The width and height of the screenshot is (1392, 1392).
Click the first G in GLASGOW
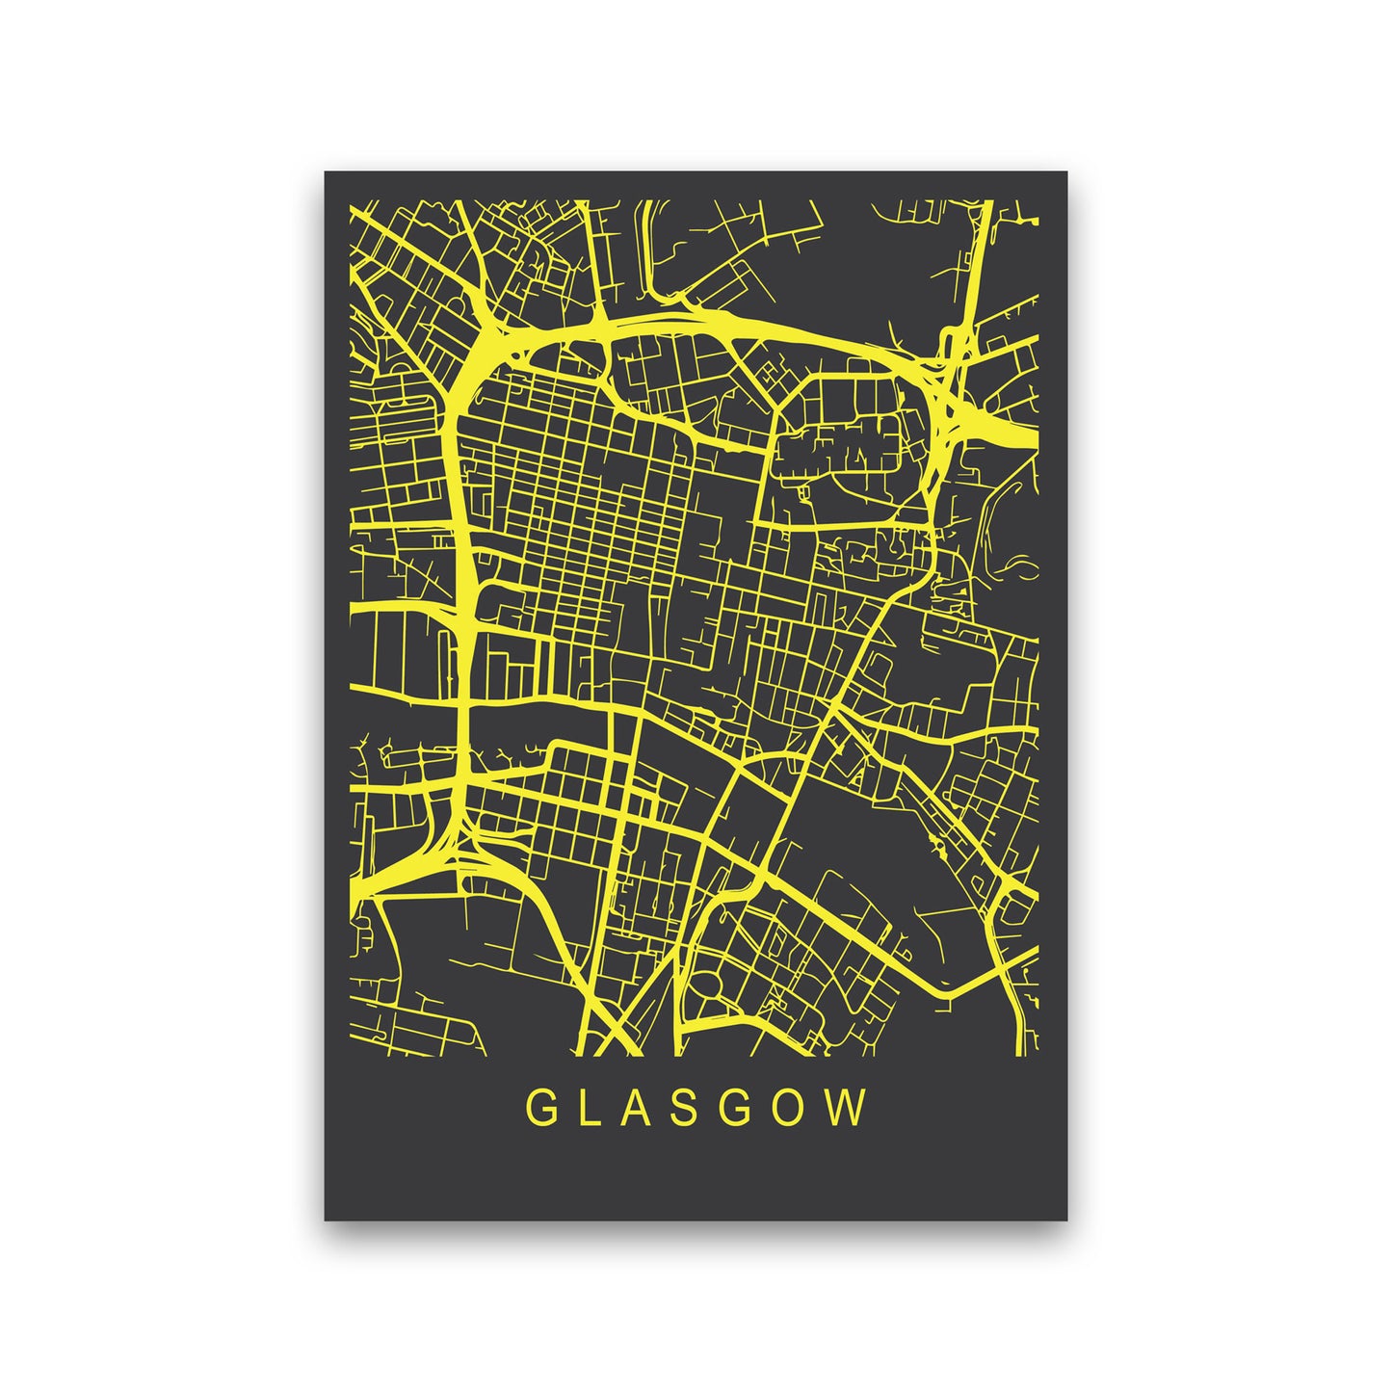539,1109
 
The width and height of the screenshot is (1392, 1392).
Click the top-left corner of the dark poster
326,172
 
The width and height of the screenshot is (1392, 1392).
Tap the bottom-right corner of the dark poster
1066,1220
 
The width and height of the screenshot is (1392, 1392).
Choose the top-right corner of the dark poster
1066,172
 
